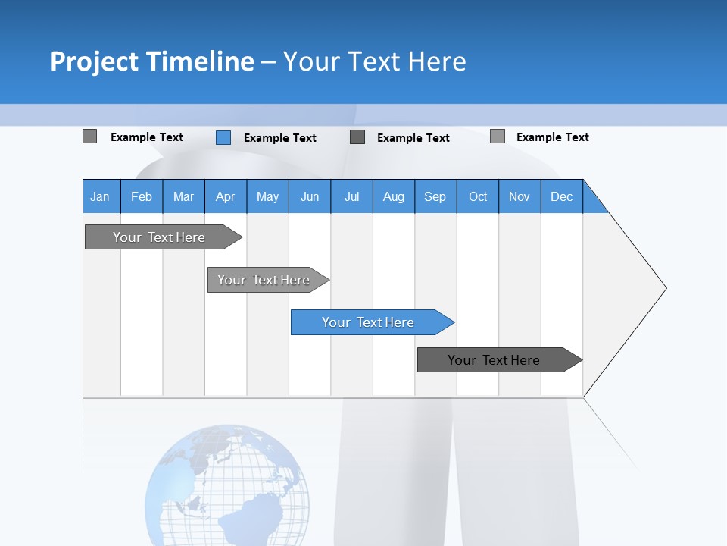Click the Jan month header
101,196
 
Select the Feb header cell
142,196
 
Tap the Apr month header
226,196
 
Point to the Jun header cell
310,196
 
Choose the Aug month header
394,196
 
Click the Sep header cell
435,196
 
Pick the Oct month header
478,196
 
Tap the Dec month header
562,196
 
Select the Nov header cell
520,196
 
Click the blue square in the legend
223,137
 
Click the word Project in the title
95,61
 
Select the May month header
267,196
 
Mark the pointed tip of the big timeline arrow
665,288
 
